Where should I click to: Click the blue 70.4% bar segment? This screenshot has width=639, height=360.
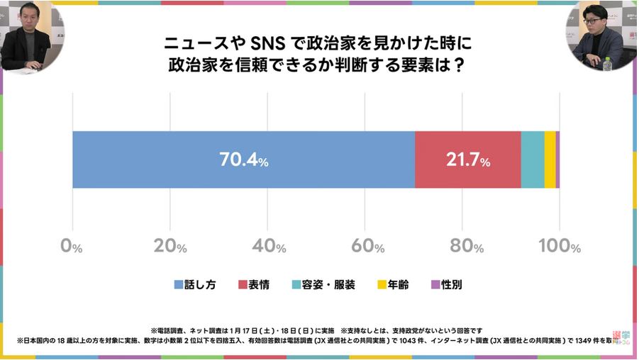[x=177, y=159]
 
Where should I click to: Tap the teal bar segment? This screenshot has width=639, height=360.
[x=533, y=159]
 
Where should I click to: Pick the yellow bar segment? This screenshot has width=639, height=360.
[x=550, y=159]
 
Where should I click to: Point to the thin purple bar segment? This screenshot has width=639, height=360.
[x=557, y=159]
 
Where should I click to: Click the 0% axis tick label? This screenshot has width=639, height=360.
[x=72, y=247]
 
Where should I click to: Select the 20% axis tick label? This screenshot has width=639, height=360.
[x=170, y=247]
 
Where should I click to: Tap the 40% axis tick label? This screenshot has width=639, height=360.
[x=267, y=247]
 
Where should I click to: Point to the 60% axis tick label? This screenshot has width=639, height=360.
[x=365, y=247]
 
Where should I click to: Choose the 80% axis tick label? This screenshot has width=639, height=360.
[x=462, y=247]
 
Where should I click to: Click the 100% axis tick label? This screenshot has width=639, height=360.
[x=559, y=247]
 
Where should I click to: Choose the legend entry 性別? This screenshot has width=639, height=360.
[x=447, y=285]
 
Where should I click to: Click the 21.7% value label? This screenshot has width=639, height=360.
[x=468, y=161]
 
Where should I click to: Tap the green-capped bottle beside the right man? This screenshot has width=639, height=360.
[x=607, y=62]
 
